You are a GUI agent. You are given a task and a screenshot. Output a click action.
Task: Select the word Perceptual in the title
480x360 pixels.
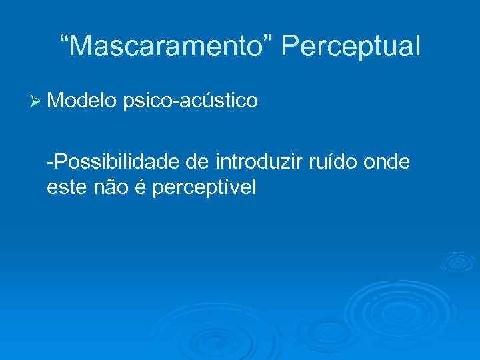pos(351,47)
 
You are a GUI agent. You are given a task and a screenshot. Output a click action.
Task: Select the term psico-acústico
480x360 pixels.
pos(191,101)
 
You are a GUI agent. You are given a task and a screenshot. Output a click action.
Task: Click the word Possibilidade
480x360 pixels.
pos(121,161)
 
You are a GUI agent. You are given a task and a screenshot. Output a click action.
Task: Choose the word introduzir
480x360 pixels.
pos(261,161)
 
